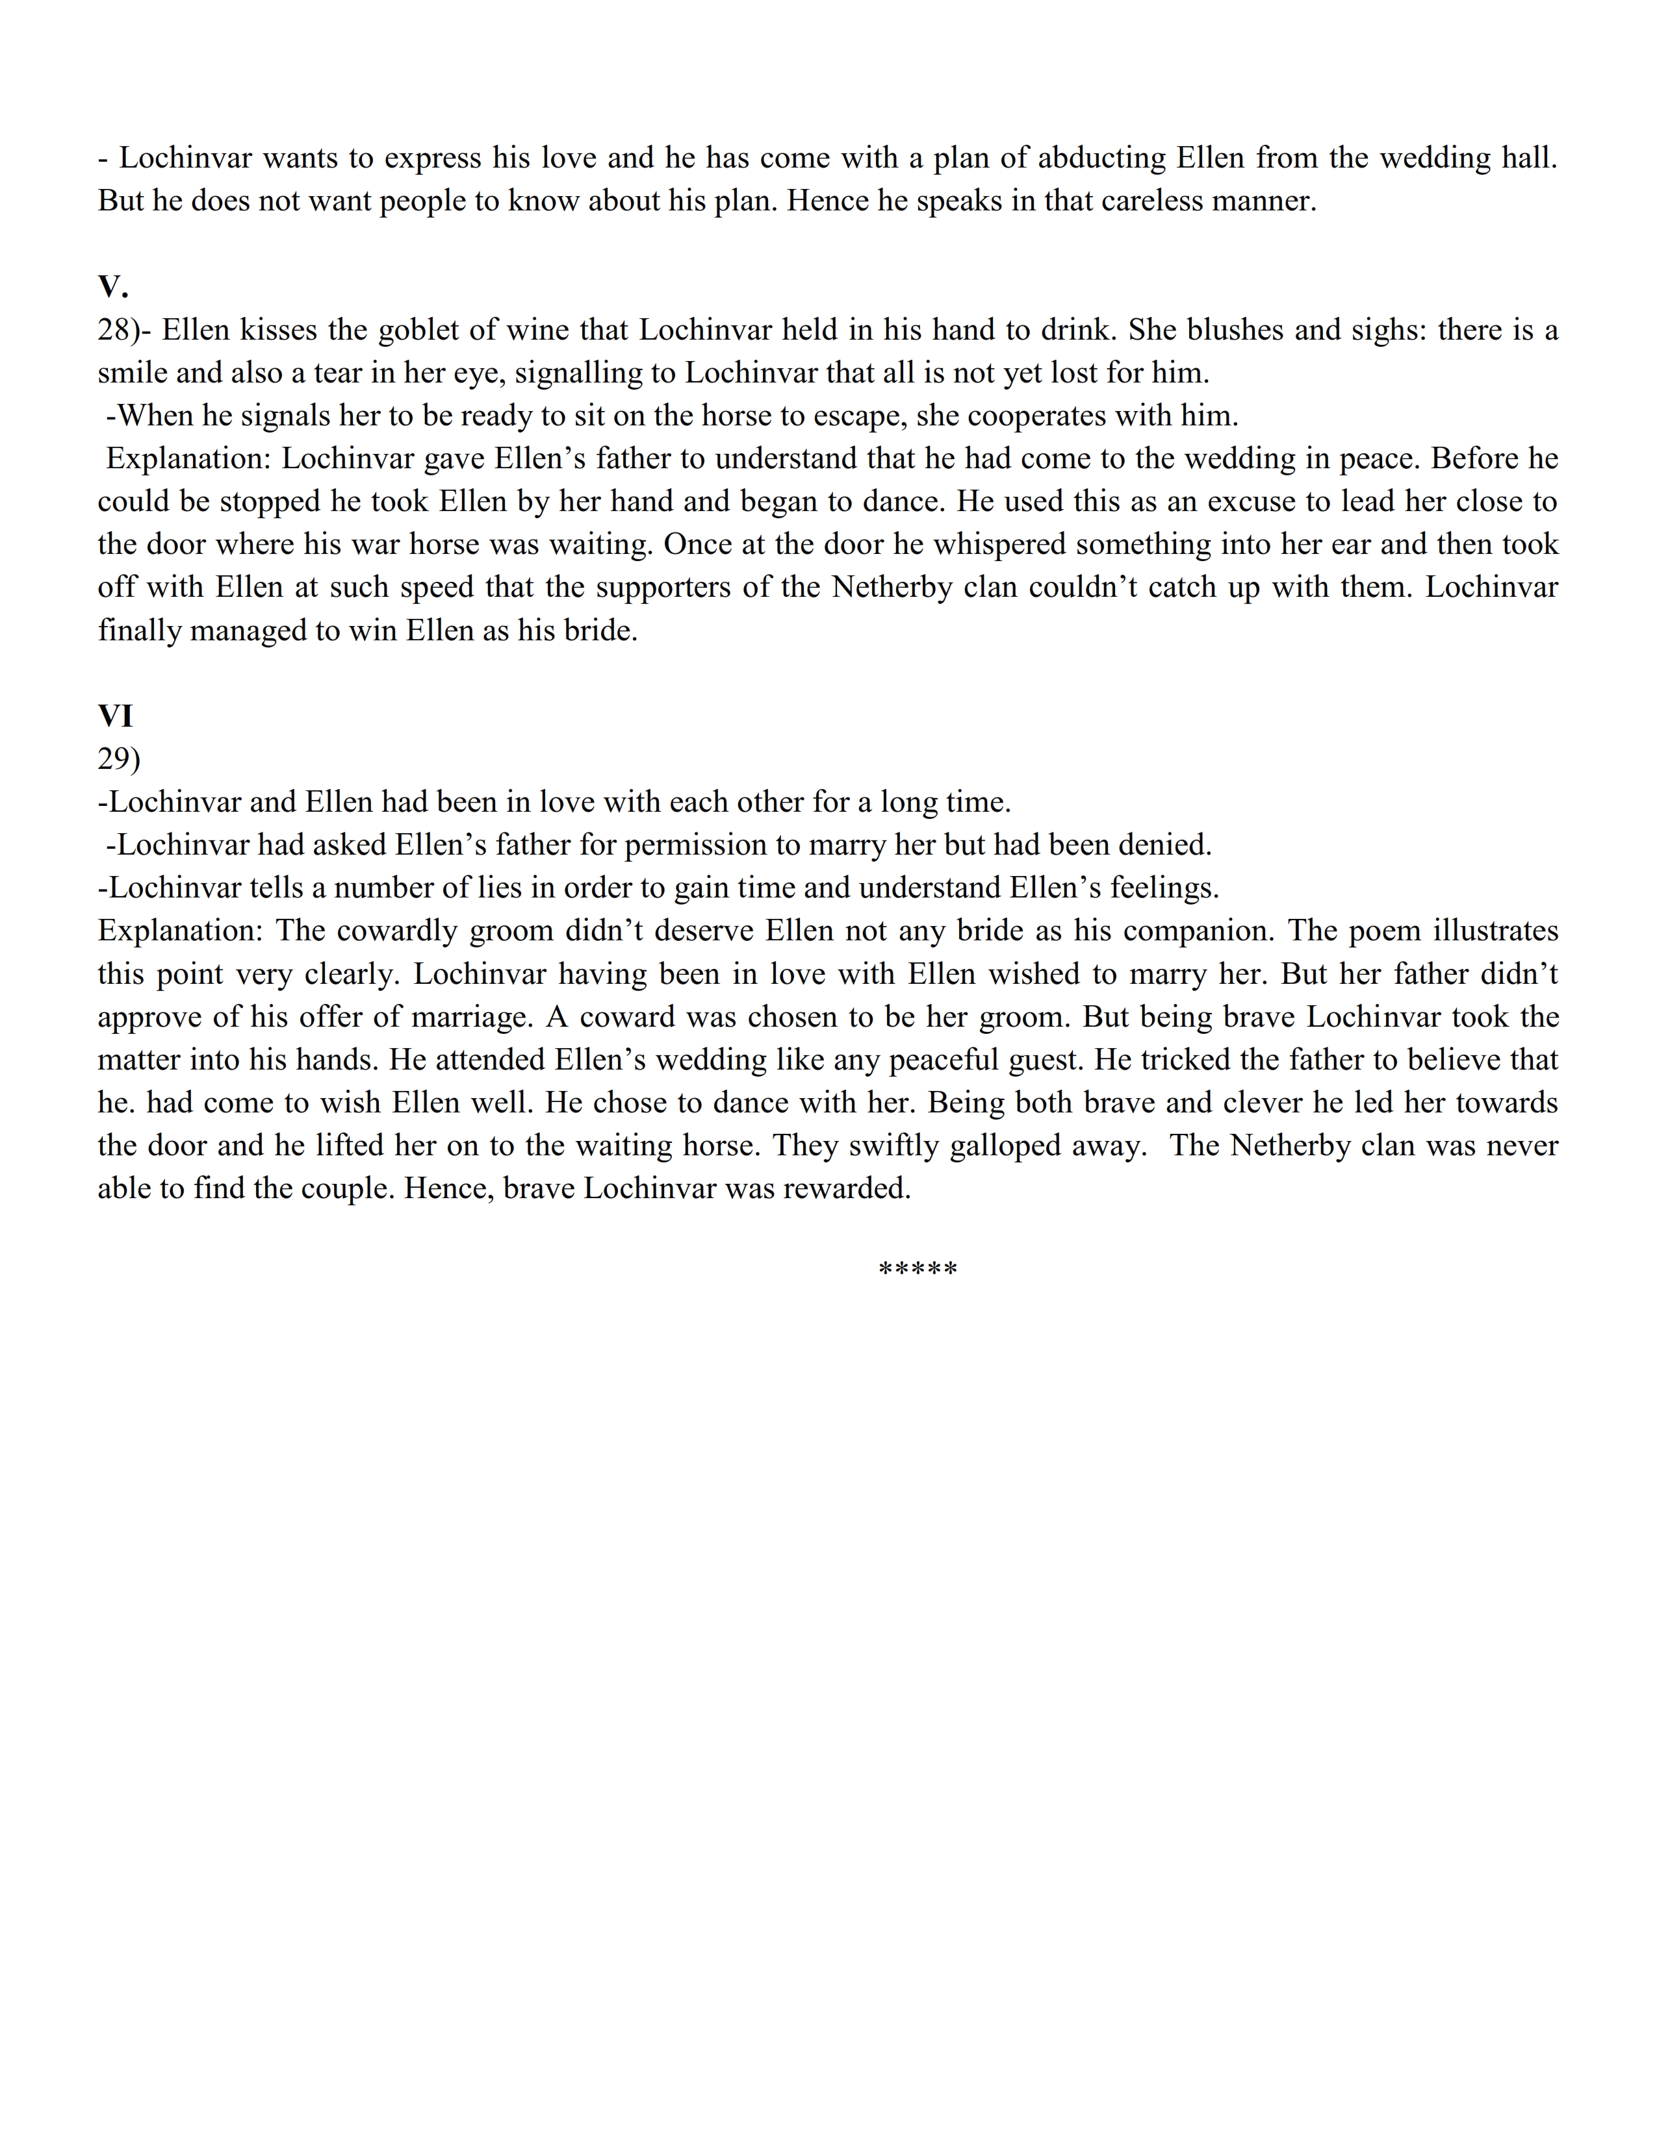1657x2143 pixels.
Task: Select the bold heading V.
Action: coord(113,286)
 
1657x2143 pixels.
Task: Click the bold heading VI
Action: coord(115,716)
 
